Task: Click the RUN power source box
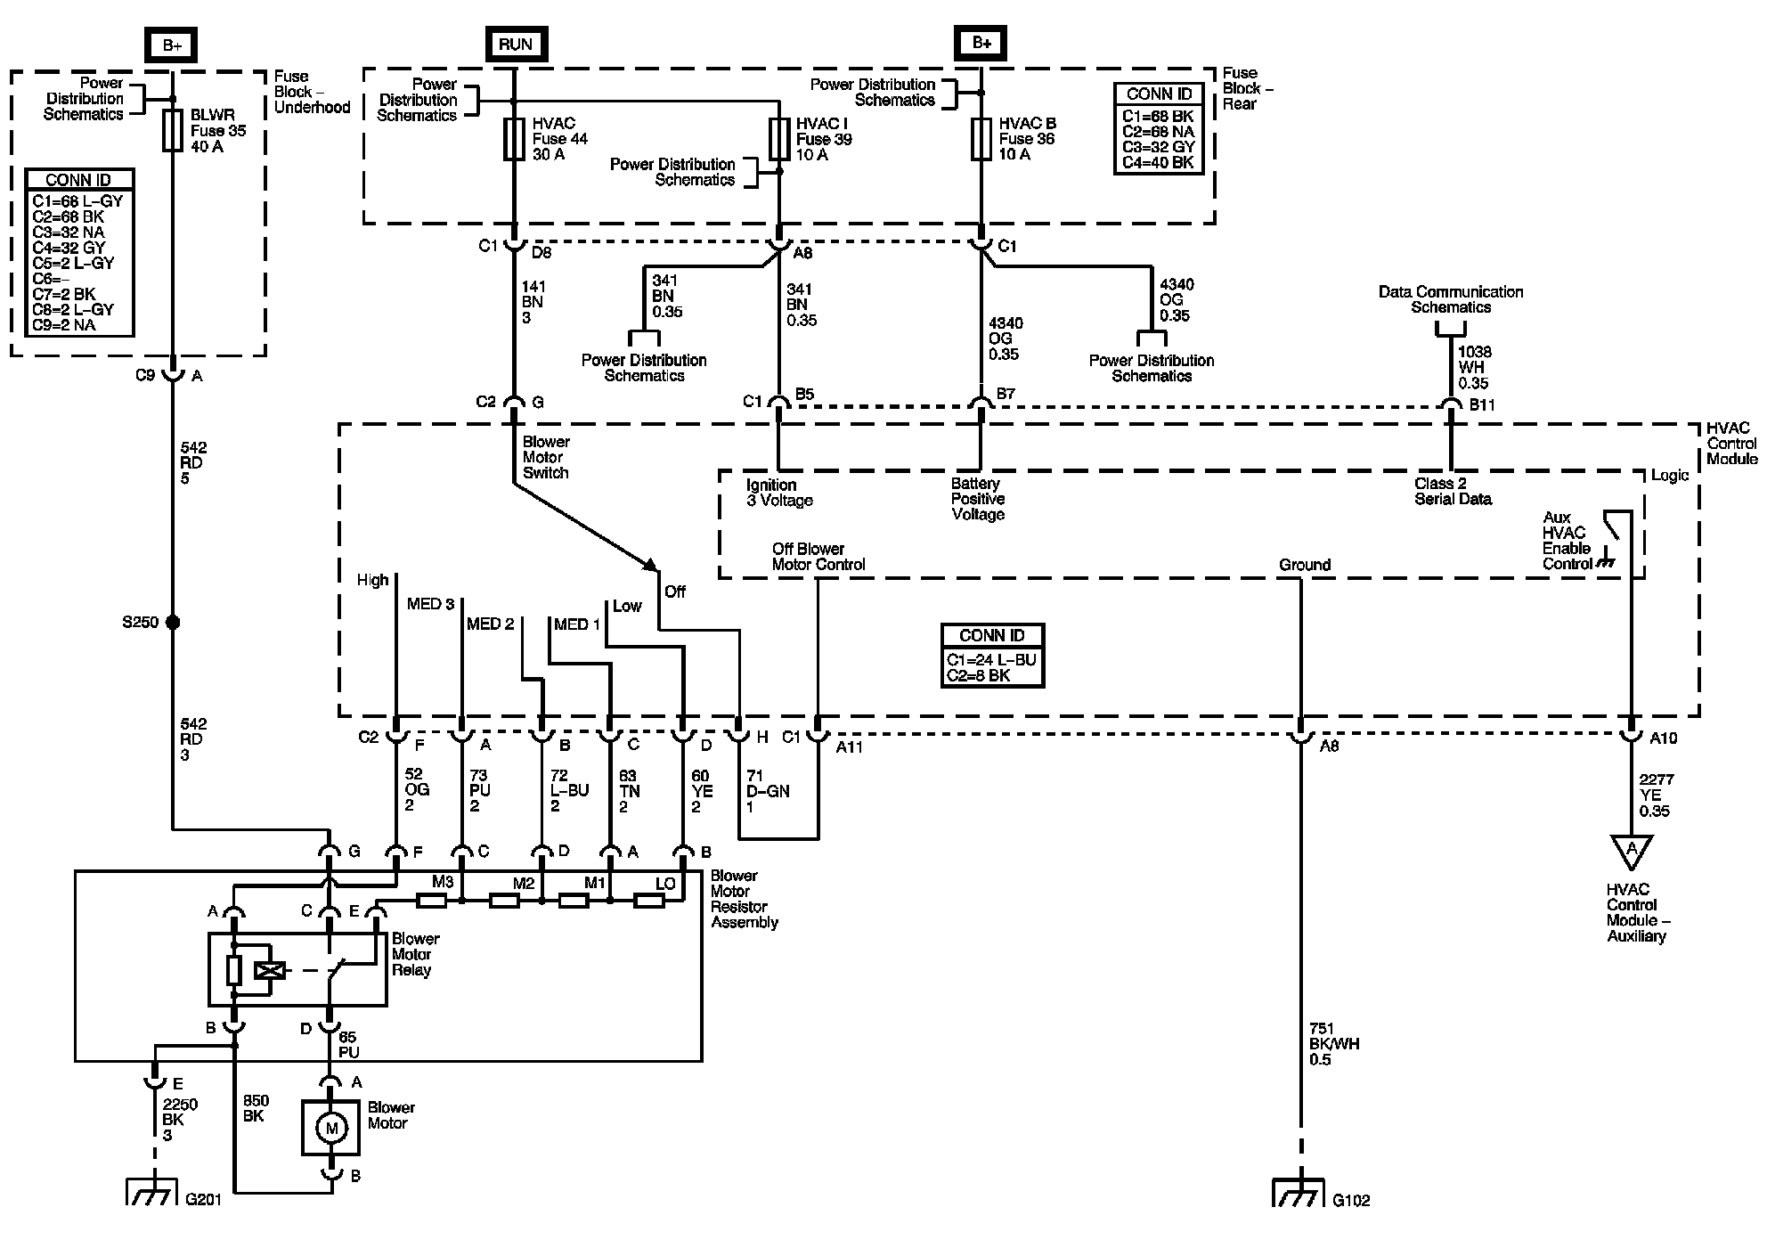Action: tap(515, 44)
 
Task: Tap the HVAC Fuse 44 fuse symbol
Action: tap(514, 139)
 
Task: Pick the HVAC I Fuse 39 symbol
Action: tap(779, 139)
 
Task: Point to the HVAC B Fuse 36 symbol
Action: tap(981, 139)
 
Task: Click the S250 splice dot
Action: tap(173, 622)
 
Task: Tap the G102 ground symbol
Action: tap(1299, 1194)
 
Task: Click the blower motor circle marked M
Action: tap(331, 1129)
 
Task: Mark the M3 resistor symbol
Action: tap(432, 901)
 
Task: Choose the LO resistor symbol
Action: tap(648, 901)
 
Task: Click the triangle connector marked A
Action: tap(1631, 851)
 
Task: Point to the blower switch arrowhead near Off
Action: tap(651, 565)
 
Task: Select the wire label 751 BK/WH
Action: tap(1333, 1044)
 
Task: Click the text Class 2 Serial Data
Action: tap(1452, 491)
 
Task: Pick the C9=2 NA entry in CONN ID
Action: tap(64, 325)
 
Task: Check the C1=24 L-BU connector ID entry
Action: tap(991, 660)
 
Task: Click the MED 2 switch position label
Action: tap(490, 624)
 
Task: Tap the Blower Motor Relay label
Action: tap(415, 954)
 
